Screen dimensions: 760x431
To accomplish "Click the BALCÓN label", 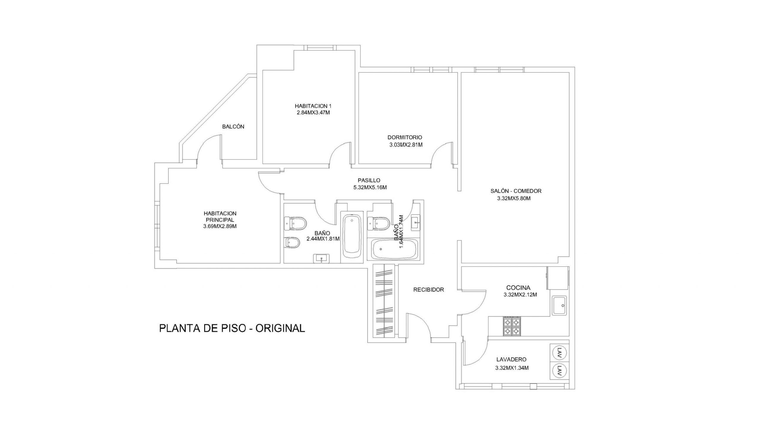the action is pos(233,127).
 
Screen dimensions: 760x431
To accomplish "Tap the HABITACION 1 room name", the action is pos(313,106).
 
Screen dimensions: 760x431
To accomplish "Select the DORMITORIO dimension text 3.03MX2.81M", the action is pos(406,145).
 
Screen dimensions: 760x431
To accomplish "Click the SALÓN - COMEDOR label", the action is pos(516,191).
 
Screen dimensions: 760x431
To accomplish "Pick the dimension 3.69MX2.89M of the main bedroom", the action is pos(220,226).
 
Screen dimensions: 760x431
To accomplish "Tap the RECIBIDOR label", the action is pos(428,290).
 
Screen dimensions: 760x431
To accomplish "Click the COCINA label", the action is pos(518,288).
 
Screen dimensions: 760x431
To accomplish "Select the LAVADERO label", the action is pos(511,359).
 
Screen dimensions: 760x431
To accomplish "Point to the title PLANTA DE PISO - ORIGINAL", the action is pos(232,328).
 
